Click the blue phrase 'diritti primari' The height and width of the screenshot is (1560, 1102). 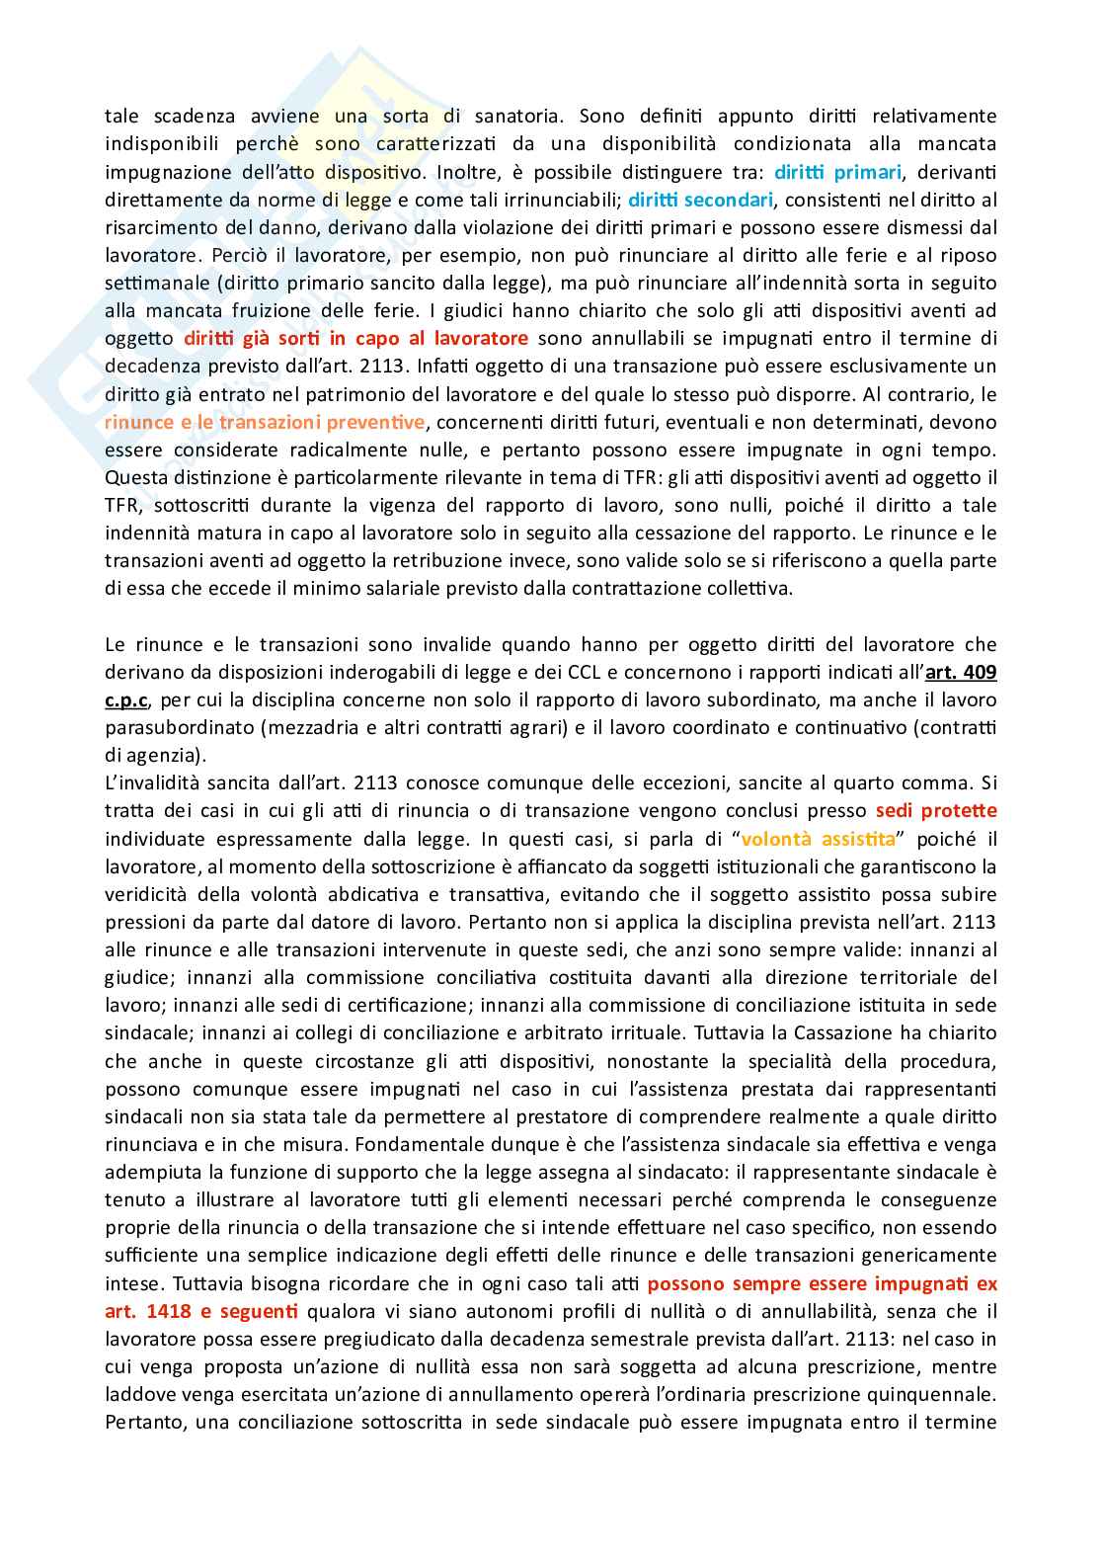[x=837, y=172]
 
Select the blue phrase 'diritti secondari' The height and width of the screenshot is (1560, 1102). [x=700, y=200]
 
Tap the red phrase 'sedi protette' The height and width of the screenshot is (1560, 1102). [x=936, y=811]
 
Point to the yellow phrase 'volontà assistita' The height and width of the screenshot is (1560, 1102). [x=818, y=839]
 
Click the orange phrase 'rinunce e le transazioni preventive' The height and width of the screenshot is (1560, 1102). [x=265, y=422]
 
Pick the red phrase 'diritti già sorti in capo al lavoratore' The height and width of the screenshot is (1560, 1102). [x=356, y=339]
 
